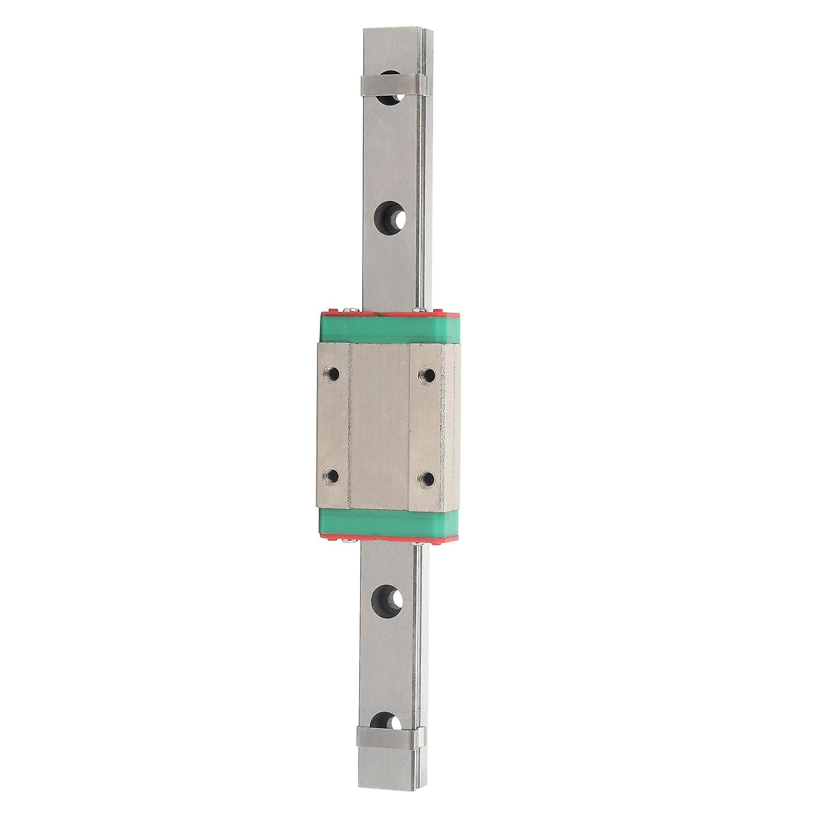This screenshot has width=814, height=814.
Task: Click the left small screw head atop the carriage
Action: pos(351,308)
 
